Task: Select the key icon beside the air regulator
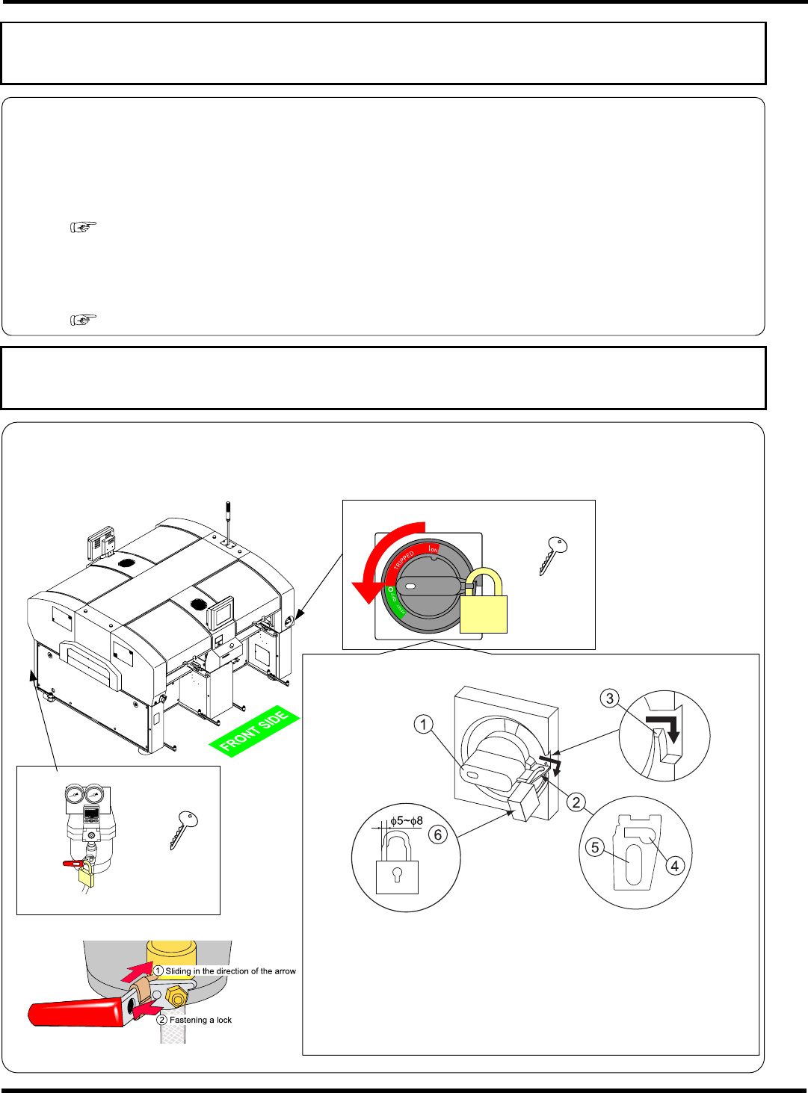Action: pyautogui.click(x=183, y=829)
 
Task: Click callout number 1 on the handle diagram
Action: pyautogui.click(x=424, y=724)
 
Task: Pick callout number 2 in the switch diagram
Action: pyautogui.click(x=576, y=802)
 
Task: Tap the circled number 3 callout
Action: pyautogui.click(x=611, y=699)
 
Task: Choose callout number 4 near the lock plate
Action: pyautogui.click(x=675, y=866)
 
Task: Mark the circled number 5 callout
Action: pyautogui.click(x=595, y=847)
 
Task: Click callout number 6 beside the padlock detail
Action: pyautogui.click(x=438, y=835)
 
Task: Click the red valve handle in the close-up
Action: pyautogui.click(x=75, y=1013)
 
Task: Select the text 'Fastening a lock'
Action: pyautogui.click(x=200, y=1020)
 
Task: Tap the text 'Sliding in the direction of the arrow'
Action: pyautogui.click(x=230, y=971)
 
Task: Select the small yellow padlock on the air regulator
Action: pyautogui.click(x=87, y=875)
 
